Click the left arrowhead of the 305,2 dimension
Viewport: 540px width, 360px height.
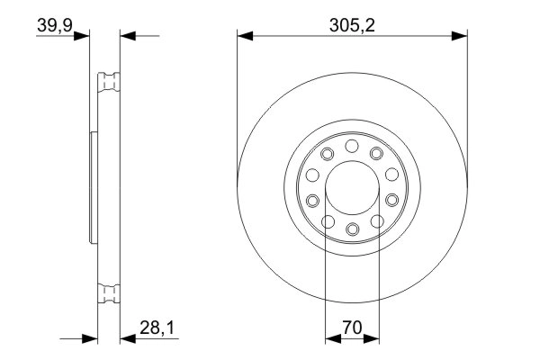242,36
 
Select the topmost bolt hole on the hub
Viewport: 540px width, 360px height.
352,145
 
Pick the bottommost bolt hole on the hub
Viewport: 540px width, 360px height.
352,229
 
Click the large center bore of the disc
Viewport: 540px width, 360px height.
352,187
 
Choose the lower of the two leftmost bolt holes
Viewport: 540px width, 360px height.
312,200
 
